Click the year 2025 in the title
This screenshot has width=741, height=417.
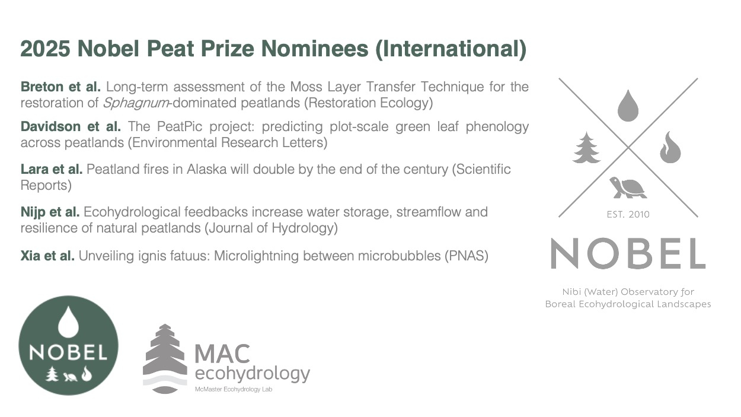(x=45, y=49)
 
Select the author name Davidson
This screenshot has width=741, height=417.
(x=50, y=126)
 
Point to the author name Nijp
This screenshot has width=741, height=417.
(x=33, y=212)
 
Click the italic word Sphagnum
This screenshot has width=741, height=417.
(x=136, y=103)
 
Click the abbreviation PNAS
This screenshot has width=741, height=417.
(x=466, y=256)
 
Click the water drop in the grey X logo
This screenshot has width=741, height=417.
(x=628, y=105)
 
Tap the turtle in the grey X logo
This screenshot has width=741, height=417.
(x=628, y=187)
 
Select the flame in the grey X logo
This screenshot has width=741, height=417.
(x=670, y=147)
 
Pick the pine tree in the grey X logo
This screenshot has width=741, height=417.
(x=586, y=148)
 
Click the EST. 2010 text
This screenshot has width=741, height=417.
(x=628, y=215)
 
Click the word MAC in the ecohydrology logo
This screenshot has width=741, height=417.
(x=222, y=354)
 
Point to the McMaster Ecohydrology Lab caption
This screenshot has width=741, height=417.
(x=234, y=390)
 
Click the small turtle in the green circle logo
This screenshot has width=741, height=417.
(x=70, y=377)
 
